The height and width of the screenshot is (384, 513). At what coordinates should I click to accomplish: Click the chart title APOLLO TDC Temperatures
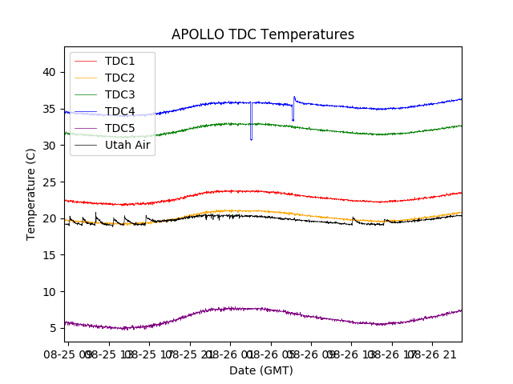click(x=262, y=34)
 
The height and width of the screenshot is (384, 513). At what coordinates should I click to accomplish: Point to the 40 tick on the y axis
click(x=49, y=72)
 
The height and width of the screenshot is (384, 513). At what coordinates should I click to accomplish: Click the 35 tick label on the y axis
click(x=49, y=109)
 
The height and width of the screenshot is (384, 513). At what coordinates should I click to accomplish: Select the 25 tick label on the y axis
click(x=49, y=182)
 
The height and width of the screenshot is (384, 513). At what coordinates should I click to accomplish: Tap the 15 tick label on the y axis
click(x=49, y=255)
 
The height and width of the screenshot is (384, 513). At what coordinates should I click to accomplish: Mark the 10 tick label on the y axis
click(x=49, y=292)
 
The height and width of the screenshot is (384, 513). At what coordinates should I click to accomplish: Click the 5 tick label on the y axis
click(x=52, y=328)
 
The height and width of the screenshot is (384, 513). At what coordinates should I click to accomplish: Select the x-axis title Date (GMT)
click(x=261, y=370)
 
